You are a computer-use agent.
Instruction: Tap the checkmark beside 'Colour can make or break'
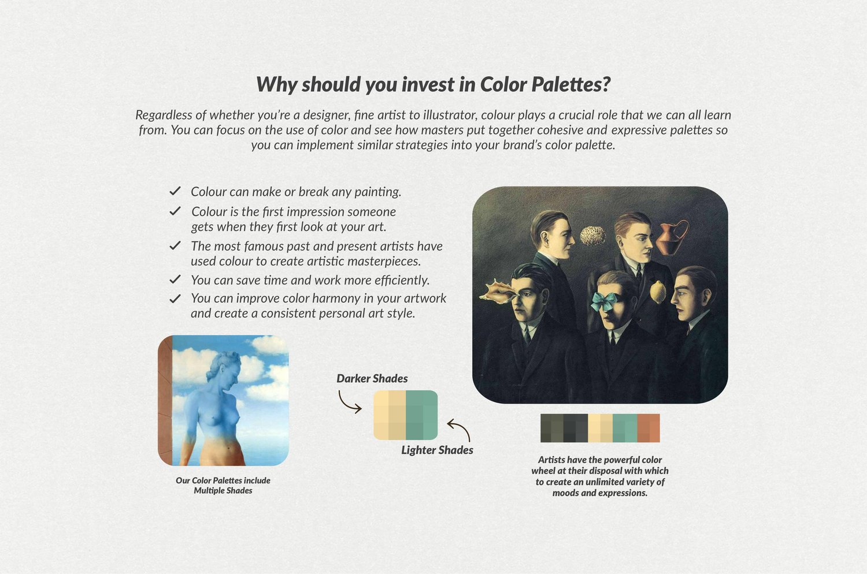175,191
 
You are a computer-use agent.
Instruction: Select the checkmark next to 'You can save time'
175,279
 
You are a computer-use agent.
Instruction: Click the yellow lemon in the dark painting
658,292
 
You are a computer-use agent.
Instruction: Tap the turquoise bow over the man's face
604,301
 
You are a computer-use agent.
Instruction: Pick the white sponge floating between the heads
592,236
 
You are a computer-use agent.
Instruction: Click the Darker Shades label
372,378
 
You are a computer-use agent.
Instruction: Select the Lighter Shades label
437,450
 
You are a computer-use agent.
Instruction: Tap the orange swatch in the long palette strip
649,428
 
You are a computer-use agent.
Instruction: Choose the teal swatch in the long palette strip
625,428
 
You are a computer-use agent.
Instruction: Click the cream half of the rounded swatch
390,415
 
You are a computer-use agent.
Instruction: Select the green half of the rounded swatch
422,415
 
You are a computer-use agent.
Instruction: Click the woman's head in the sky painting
223,364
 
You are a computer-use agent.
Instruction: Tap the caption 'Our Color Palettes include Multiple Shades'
223,486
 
